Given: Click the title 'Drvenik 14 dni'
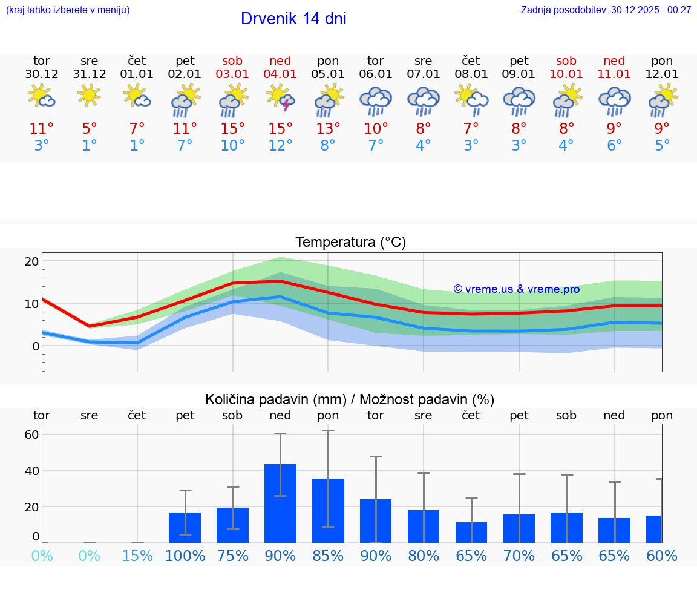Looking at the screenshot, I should click(293, 19).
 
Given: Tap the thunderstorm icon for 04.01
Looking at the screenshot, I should click(281, 98).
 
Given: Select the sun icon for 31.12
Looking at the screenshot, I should click(89, 95).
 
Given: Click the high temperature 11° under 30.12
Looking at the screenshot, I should click(42, 129).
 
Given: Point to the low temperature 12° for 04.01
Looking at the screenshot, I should click(281, 146).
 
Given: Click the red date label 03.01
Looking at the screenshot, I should click(232, 74).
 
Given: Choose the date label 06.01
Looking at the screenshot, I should click(376, 74).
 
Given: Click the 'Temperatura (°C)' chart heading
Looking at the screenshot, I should click(350, 243).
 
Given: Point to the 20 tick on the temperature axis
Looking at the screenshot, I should click(31, 261).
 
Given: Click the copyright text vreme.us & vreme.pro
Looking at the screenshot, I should click(517, 289).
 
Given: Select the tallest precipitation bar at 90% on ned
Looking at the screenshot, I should click(280, 503).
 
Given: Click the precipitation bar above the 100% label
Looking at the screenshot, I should click(185, 527).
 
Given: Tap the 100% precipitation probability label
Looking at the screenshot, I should click(185, 556).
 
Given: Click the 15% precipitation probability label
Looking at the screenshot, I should click(137, 556).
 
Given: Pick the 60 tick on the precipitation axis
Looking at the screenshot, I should click(31, 434).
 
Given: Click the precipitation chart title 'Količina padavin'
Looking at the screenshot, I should click(275, 399).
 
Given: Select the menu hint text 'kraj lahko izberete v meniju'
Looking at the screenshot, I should click(68, 10).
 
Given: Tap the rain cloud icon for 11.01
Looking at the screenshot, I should click(615, 100).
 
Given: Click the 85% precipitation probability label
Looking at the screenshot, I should click(328, 556).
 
